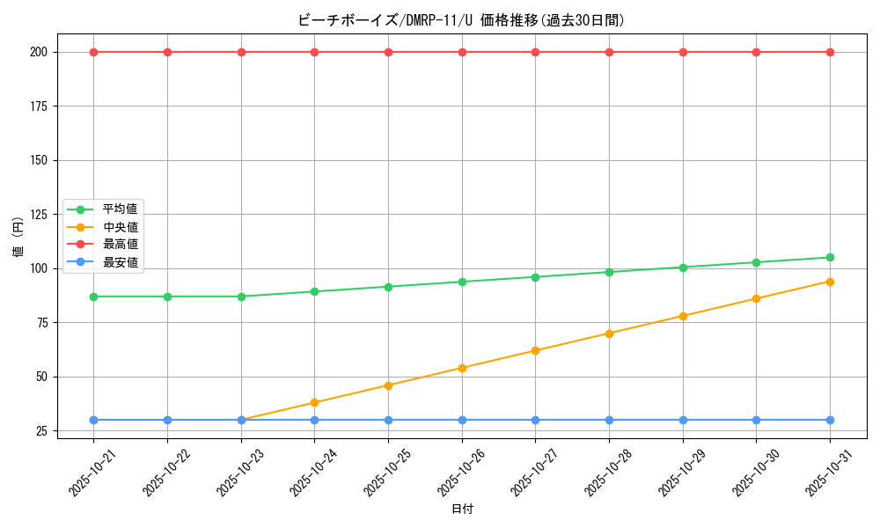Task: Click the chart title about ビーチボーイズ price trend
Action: [x=461, y=20]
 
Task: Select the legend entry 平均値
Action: [x=120, y=209]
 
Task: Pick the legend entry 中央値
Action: [x=120, y=227]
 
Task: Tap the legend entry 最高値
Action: [x=120, y=244]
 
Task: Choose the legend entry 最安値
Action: [x=120, y=261]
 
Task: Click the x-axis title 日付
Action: [x=462, y=510]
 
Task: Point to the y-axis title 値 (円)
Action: [x=18, y=237]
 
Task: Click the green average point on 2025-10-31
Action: [x=830, y=257]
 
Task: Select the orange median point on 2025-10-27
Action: [x=535, y=350]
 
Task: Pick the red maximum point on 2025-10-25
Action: [x=388, y=52]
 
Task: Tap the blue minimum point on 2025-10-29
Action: [x=683, y=420]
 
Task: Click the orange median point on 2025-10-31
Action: [x=830, y=282]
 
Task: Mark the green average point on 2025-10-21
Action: [x=93, y=297]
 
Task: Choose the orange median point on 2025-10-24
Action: [x=314, y=403]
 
